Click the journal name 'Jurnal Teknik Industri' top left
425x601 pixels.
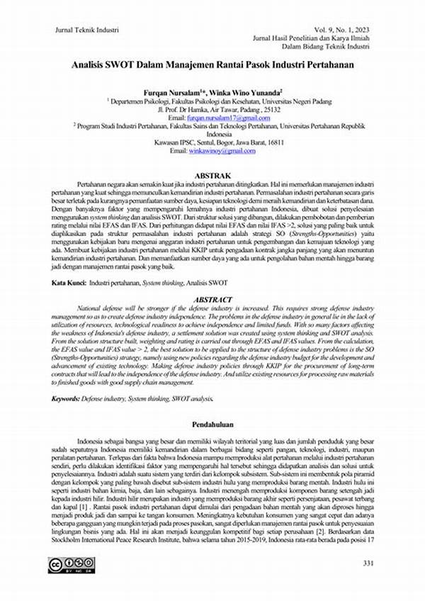86,30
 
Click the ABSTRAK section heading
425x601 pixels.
212,174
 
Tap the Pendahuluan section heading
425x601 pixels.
212,423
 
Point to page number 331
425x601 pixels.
368,563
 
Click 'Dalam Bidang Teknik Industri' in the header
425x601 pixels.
326,47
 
